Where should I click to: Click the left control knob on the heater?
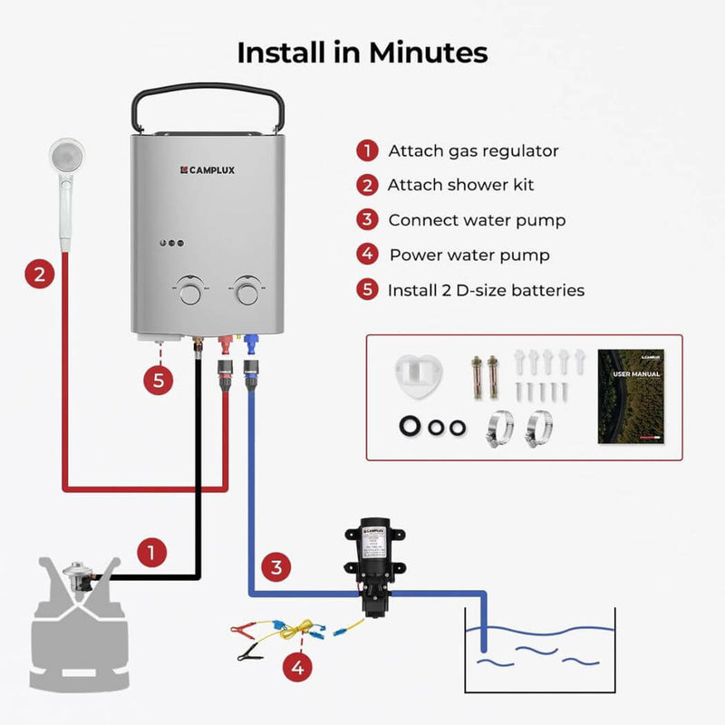pos(190,292)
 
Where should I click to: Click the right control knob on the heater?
pos(246,292)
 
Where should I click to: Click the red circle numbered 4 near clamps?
pos(297,669)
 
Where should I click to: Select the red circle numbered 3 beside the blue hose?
pos(277,568)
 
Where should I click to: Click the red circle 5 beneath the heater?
pos(158,381)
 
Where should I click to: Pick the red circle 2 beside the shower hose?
pos(38,274)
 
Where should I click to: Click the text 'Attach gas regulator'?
pos(473,151)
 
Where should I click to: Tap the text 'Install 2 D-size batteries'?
pos(486,291)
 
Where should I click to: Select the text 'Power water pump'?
pos(469,256)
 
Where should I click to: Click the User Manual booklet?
pos(631,396)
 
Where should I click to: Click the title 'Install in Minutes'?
pos(362,53)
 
